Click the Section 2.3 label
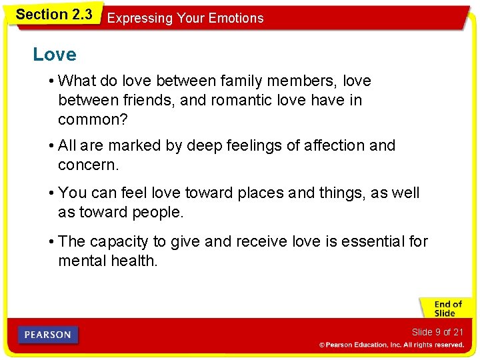point(53,14)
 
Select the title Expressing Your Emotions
point(185,19)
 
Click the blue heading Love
point(55,55)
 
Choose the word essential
point(369,241)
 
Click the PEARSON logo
point(48,335)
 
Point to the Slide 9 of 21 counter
point(437,332)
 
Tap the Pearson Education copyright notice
point(391,345)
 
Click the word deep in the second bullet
point(183,145)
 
